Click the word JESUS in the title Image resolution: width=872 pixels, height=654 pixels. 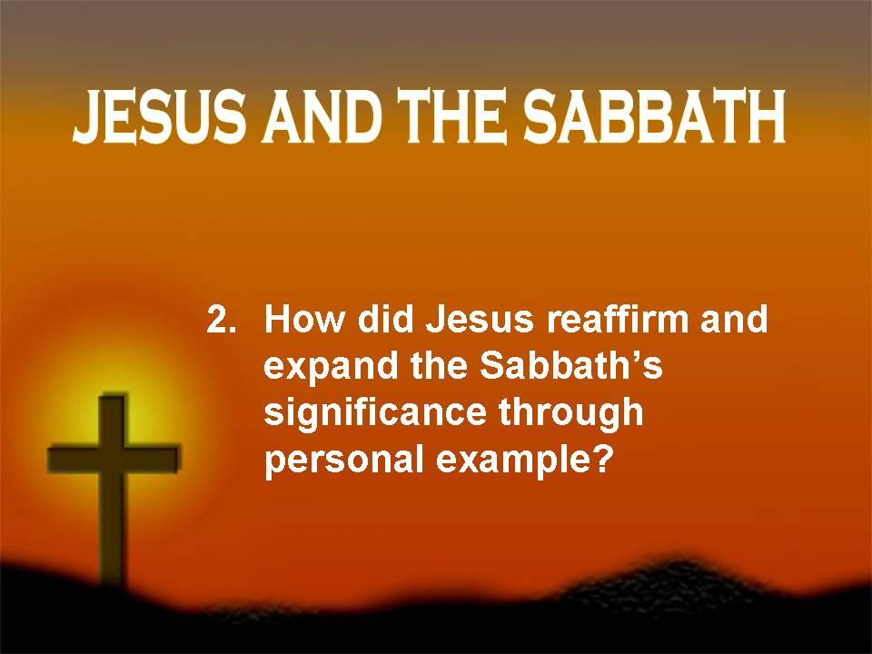click(160, 117)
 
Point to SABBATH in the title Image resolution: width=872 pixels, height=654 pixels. click(654, 117)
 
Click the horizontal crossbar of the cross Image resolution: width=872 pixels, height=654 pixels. click(114, 459)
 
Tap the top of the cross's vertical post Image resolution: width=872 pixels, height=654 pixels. click(114, 396)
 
